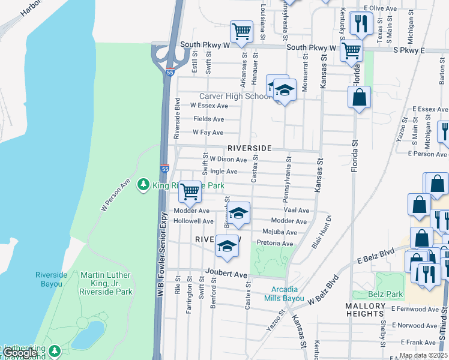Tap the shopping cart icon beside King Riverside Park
[190, 191]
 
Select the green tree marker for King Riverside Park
[143, 185]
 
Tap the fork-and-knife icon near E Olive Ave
[361, 23]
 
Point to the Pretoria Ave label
[274, 244]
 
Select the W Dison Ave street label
[228, 160]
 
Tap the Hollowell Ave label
[193, 221]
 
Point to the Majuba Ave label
[280, 232]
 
